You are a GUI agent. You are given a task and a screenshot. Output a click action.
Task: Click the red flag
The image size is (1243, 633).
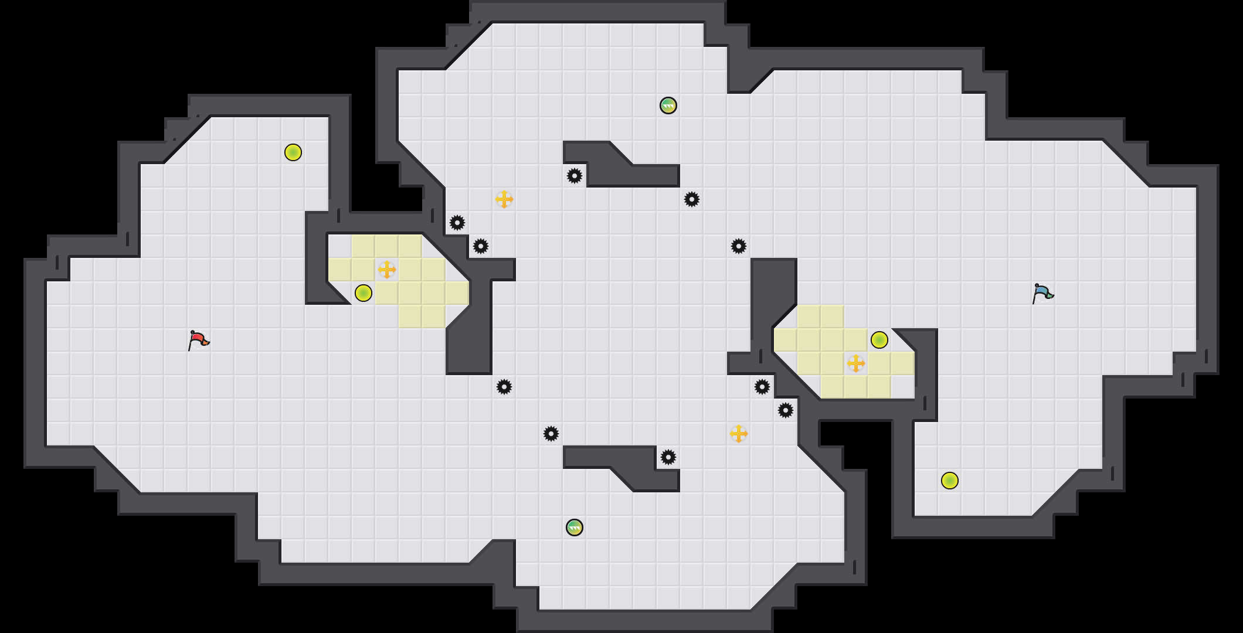tap(198, 340)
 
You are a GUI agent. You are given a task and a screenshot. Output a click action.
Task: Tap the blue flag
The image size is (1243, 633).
tap(1042, 292)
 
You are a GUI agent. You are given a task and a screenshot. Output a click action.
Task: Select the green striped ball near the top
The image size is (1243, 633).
tap(668, 105)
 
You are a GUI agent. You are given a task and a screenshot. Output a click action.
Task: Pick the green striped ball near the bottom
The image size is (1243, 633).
tap(575, 527)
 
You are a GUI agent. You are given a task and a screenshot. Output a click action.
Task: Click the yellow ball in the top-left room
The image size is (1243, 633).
tap(293, 152)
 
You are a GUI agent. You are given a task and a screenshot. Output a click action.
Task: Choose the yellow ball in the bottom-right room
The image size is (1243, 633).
tap(950, 481)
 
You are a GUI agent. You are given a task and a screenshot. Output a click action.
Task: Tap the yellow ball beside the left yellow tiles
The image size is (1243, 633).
tap(364, 293)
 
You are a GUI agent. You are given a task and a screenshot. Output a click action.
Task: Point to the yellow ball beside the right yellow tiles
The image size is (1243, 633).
tap(879, 340)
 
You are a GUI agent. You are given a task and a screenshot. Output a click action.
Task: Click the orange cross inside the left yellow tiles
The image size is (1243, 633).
tap(387, 270)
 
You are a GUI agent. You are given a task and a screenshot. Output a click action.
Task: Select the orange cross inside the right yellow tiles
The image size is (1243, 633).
tap(856, 363)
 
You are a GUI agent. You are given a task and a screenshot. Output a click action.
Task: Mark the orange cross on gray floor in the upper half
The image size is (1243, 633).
tap(504, 199)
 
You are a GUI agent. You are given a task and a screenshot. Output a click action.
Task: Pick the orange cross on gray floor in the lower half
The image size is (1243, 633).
tap(739, 434)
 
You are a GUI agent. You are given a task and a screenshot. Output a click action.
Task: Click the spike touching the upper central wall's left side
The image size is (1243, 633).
tap(575, 176)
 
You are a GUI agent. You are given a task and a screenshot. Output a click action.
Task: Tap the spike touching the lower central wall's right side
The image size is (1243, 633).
tap(668, 457)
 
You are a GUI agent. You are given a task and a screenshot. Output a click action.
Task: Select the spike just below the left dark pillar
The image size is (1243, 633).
tap(504, 387)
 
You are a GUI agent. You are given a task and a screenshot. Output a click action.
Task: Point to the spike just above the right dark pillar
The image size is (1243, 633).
tap(739, 246)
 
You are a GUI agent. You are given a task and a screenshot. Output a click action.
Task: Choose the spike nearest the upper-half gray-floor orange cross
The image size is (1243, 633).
tap(481, 246)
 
